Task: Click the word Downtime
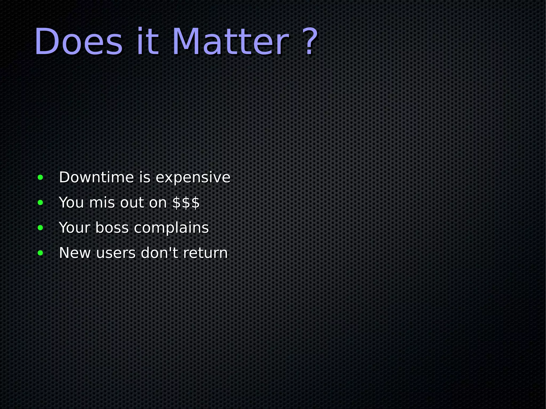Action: click(x=96, y=177)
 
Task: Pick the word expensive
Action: click(x=193, y=178)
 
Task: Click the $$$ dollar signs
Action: click(x=186, y=203)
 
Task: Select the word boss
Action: click(x=112, y=228)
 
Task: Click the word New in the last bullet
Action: click(x=75, y=253)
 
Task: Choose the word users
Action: click(x=116, y=253)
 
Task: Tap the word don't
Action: click(x=159, y=253)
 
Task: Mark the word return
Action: click(x=205, y=253)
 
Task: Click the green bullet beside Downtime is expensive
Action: click(x=40, y=177)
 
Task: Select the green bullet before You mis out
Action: click(x=40, y=203)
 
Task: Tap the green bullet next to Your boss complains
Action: click(x=40, y=228)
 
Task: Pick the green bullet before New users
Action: click(x=40, y=253)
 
